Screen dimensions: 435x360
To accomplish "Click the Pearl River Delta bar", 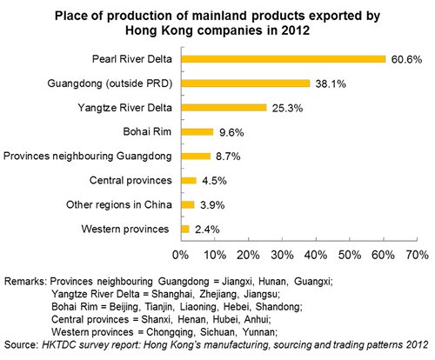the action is pyautogui.click(x=284, y=59).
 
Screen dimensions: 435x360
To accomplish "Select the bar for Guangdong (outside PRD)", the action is pyautogui.click(x=245, y=83).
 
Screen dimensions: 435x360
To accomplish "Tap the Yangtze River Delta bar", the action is pyautogui.click(x=224, y=108).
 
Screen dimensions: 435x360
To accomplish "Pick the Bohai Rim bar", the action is pyautogui.click(x=197, y=132).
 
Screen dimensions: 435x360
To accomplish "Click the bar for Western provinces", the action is pyautogui.click(x=185, y=230).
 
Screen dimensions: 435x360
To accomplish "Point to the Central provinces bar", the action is pyautogui.click(x=189, y=181).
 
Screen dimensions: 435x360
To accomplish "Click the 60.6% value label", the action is pyautogui.click(x=406, y=59).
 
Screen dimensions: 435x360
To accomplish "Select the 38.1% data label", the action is pyautogui.click(x=331, y=83).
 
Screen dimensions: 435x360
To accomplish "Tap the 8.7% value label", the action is pyautogui.click(x=228, y=157).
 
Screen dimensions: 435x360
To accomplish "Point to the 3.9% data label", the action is pyautogui.click(x=212, y=205).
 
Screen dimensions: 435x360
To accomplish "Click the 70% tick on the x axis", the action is pyautogui.click(x=417, y=255).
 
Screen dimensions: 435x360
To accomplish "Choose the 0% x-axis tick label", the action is pyautogui.click(x=180, y=255).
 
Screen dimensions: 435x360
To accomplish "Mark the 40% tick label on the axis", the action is pyautogui.click(x=316, y=255).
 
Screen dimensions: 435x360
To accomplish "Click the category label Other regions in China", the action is pyautogui.click(x=119, y=204).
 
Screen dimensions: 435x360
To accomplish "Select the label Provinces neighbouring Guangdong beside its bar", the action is pyautogui.click(x=87, y=156).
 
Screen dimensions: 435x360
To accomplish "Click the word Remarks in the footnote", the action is pyautogui.click(x=25, y=281).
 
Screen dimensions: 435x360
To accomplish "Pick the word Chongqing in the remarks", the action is pyautogui.click(x=170, y=332).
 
